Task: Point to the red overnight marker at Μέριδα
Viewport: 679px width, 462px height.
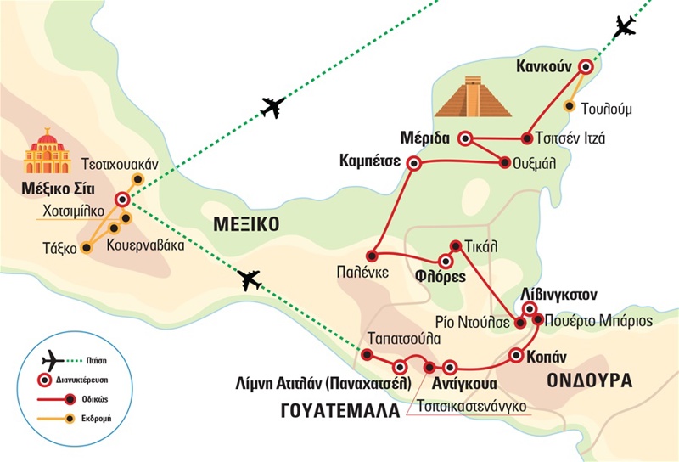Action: pyautogui.click(x=465, y=138)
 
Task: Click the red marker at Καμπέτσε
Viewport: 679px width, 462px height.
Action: pyautogui.click(x=413, y=164)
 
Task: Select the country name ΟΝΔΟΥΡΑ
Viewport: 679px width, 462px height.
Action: pyautogui.click(x=591, y=380)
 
